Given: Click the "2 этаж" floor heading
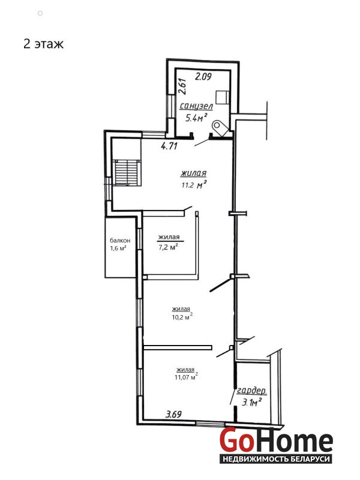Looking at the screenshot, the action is pyautogui.click(x=43, y=44).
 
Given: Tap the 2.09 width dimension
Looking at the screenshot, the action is pyautogui.click(x=203, y=76).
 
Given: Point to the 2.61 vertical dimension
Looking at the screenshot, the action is pyautogui.click(x=182, y=86).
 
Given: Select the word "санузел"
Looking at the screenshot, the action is pyautogui.click(x=196, y=106).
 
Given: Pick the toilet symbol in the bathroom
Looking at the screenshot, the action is pyautogui.click(x=220, y=127).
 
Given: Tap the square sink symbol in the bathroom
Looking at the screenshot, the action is pyautogui.click(x=223, y=97).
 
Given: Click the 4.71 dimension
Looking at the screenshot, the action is pyautogui.click(x=169, y=146).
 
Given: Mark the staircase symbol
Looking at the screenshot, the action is pyautogui.click(x=127, y=172).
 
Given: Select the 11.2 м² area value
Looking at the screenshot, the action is pyautogui.click(x=194, y=185).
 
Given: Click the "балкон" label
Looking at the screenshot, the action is pyautogui.click(x=120, y=241).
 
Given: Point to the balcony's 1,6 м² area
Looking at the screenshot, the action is pyautogui.click(x=118, y=248).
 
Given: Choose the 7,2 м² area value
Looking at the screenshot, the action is pyautogui.click(x=169, y=247).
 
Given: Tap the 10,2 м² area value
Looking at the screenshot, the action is pyautogui.click(x=182, y=317).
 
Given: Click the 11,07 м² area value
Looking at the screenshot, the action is pyautogui.click(x=186, y=377).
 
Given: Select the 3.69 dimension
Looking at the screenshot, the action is pyautogui.click(x=173, y=415).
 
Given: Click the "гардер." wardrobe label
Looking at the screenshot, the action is pyautogui.click(x=251, y=391).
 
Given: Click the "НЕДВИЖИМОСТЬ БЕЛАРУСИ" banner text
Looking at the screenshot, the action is pyautogui.click(x=276, y=459).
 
